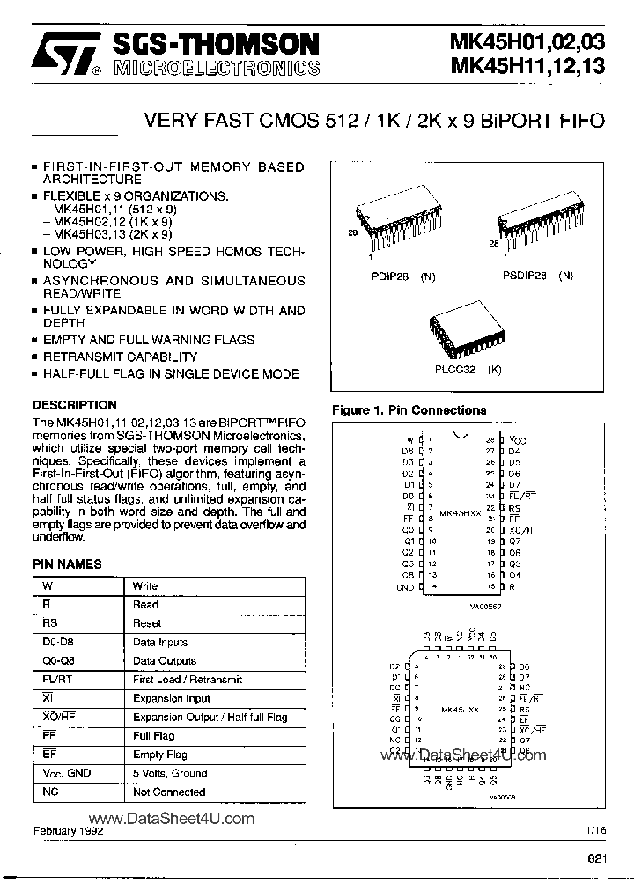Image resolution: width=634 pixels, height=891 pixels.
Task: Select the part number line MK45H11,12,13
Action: click(x=527, y=66)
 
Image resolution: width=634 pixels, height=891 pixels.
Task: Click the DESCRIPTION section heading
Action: click(x=74, y=405)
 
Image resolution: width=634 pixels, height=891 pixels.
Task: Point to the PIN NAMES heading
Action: click(x=67, y=564)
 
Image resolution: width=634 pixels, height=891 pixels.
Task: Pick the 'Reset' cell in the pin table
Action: click(x=144, y=623)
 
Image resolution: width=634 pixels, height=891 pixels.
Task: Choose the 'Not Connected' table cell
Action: click(x=168, y=792)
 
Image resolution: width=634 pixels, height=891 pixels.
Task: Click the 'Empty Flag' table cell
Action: click(x=159, y=755)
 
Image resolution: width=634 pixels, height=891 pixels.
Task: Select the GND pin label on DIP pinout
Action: click(x=405, y=586)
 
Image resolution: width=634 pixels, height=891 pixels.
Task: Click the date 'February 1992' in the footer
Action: click(x=69, y=831)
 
